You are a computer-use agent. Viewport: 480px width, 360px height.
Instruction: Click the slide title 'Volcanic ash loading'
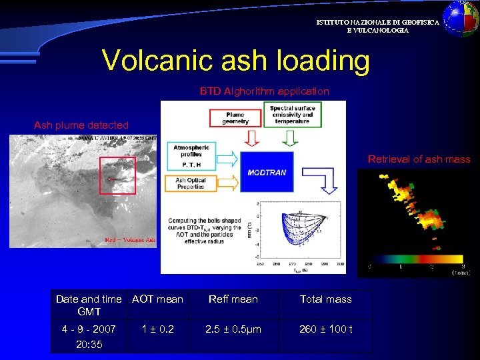pyautogui.click(x=235, y=61)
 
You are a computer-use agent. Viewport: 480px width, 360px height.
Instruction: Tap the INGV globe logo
pyautogui.click(x=461, y=18)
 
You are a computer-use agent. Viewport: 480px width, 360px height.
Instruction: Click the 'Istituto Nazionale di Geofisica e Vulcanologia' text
pyautogui.click(x=377, y=26)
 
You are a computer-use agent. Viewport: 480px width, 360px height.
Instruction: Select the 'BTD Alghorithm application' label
pyautogui.click(x=265, y=91)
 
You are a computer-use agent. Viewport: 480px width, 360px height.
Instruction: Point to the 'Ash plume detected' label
pyautogui.click(x=81, y=125)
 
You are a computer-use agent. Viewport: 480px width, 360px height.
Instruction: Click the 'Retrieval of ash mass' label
pyautogui.click(x=419, y=159)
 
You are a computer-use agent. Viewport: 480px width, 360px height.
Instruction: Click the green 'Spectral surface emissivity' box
pyautogui.click(x=292, y=115)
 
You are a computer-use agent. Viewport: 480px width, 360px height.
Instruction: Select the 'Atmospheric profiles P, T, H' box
pyautogui.click(x=191, y=155)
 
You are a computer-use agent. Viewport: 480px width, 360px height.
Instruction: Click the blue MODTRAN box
pyautogui.click(x=267, y=172)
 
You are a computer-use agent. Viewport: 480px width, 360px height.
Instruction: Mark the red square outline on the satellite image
pyautogui.click(x=117, y=175)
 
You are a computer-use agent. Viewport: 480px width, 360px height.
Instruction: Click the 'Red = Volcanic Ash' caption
pyautogui.click(x=130, y=240)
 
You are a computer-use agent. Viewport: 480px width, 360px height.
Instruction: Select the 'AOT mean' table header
pyautogui.click(x=157, y=299)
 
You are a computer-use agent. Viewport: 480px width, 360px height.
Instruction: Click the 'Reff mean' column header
pyautogui.click(x=233, y=299)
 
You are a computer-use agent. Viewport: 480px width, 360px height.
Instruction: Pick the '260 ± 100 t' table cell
pyautogui.click(x=326, y=329)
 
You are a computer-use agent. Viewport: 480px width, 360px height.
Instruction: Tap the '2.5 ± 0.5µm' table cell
pyautogui.click(x=233, y=329)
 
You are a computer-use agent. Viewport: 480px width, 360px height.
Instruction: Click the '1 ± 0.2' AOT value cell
pyautogui.click(x=157, y=329)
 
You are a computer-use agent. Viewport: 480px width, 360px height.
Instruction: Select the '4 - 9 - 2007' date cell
pyautogui.click(x=89, y=329)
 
